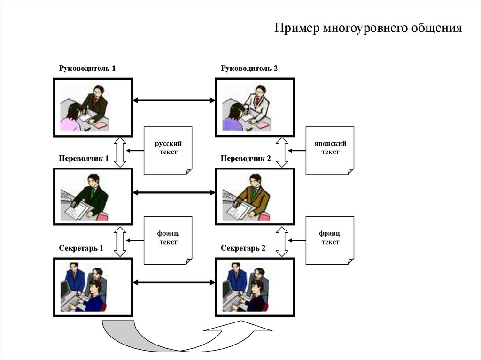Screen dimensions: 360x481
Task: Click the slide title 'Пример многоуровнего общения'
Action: pyautogui.click(x=368, y=29)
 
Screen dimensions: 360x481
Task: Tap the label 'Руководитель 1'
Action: pyautogui.click(x=87, y=69)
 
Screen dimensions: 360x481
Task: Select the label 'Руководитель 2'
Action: pyautogui.click(x=249, y=69)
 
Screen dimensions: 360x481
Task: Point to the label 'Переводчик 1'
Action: pyautogui.click(x=84, y=159)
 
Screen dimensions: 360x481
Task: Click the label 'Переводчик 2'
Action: pyautogui.click(x=246, y=159)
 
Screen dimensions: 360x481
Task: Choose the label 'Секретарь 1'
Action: pyautogui.click(x=81, y=248)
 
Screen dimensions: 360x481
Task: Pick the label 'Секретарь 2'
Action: pyautogui.click(x=243, y=248)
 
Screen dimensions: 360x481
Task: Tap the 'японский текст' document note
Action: pyautogui.click(x=330, y=149)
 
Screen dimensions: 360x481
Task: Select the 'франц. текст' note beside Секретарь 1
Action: pyautogui.click(x=168, y=239)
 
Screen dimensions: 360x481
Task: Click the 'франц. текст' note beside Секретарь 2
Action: pyautogui.click(x=330, y=239)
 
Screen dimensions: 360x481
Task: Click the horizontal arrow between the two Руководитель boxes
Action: pyautogui.click(x=174, y=100)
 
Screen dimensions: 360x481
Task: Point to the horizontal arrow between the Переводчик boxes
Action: pyautogui.click(x=174, y=192)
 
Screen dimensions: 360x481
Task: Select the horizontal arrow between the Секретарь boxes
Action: pyautogui.click(x=174, y=282)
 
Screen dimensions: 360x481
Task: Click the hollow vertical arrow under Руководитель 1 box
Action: pyautogui.click(x=120, y=152)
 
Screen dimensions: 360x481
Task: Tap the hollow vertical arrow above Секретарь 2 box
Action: pyautogui.click(x=282, y=241)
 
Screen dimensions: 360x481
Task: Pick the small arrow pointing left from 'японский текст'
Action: pyautogui.click(x=296, y=151)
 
